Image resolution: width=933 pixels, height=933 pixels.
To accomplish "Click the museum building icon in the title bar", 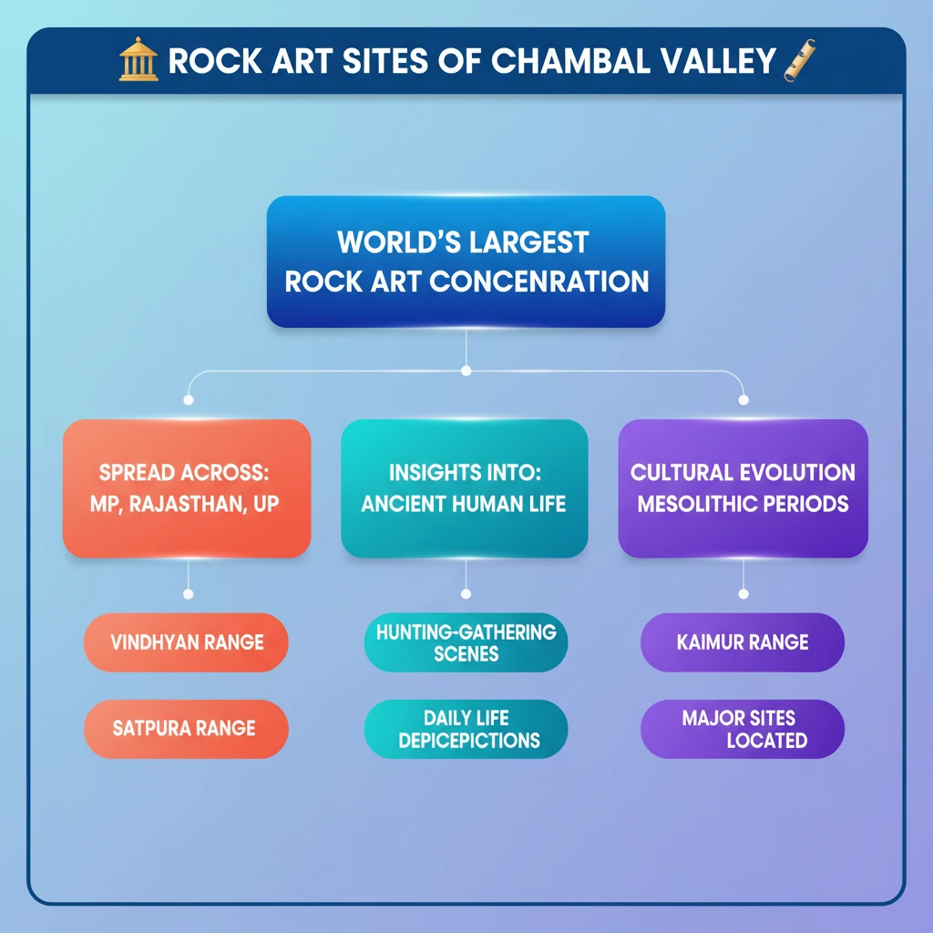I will (x=138, y=61).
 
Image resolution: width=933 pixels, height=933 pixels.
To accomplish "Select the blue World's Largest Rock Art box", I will (x=466, y=261).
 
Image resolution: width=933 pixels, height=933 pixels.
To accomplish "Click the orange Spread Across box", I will (x=187, y=488).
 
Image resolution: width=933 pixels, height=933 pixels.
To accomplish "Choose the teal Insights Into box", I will (x=465, y=488).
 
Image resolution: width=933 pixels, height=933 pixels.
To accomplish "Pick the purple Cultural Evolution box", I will (x=743, y=488).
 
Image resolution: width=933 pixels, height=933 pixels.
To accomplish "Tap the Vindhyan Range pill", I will (x=187, y=642).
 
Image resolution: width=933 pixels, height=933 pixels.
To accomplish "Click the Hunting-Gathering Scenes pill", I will (x=466, y=642).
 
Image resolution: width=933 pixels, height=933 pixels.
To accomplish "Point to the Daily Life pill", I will (x=466, y=729).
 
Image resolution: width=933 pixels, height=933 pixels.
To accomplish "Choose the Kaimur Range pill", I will (x=743, y=642).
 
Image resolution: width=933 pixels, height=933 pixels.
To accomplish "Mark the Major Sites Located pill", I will (x=743, y=729).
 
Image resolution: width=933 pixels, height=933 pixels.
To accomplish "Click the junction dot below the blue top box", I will (x=466, y=371).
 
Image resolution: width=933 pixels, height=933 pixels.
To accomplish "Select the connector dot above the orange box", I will (x=189, y=399).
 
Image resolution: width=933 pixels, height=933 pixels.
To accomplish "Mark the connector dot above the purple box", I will (x=743, y=399).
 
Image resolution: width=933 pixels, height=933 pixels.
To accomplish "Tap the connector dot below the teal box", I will (x=466, y=594).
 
